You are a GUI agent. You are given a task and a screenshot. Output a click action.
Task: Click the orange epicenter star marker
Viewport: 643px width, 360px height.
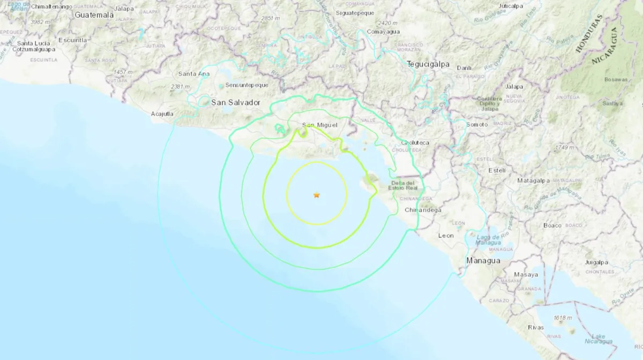click(317, 196)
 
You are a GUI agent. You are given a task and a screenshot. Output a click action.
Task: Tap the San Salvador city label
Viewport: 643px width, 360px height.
click(236, 102)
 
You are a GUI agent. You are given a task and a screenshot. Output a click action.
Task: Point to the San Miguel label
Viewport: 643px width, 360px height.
click(319, 125)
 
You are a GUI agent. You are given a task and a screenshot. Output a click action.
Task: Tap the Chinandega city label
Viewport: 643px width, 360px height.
click(423, 210)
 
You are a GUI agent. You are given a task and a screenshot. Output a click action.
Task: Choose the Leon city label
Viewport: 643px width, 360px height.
click(446, 235)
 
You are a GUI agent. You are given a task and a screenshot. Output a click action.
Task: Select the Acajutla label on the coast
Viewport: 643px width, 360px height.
click(162, 114)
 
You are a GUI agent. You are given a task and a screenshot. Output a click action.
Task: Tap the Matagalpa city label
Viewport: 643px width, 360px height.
click(531, 181)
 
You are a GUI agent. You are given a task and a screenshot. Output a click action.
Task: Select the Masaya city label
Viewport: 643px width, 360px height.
click(526, 274)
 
